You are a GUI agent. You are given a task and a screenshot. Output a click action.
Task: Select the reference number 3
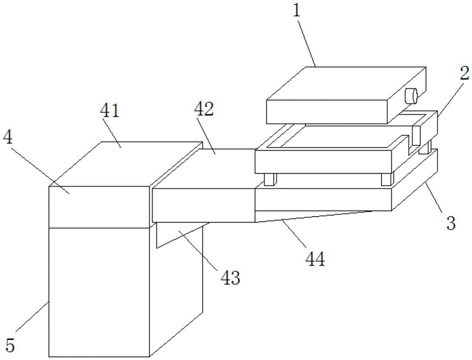point(451,223)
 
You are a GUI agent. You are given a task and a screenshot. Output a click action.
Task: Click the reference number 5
point(10,345)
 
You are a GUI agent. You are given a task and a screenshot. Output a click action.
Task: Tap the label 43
point(230,277)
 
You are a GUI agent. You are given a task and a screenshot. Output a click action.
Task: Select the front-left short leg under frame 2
point(270,179)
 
